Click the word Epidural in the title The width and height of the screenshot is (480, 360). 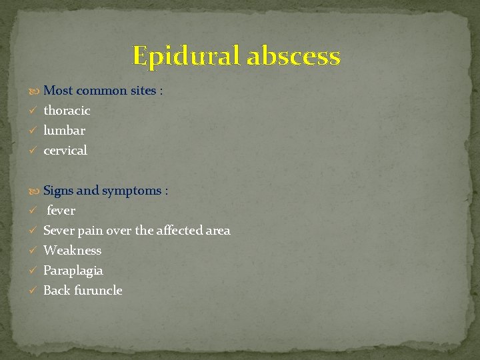coord(186,56)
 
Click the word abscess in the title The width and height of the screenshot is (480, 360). coord(293,56)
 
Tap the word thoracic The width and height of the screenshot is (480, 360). coord(67,111)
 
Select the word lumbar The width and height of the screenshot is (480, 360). coord(64,131)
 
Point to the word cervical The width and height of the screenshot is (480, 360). coord(65,151)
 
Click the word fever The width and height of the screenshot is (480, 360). coord(61,211)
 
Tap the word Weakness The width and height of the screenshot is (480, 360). coord(73,251)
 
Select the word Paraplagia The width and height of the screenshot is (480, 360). coord(73,271)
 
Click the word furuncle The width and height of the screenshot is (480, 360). coord(98,291)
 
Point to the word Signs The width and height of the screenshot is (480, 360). coord(59,191)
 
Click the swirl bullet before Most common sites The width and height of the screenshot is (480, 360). coord(35,91)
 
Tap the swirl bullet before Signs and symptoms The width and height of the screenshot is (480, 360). coord(35,191)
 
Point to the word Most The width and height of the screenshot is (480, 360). coord(58,91)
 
